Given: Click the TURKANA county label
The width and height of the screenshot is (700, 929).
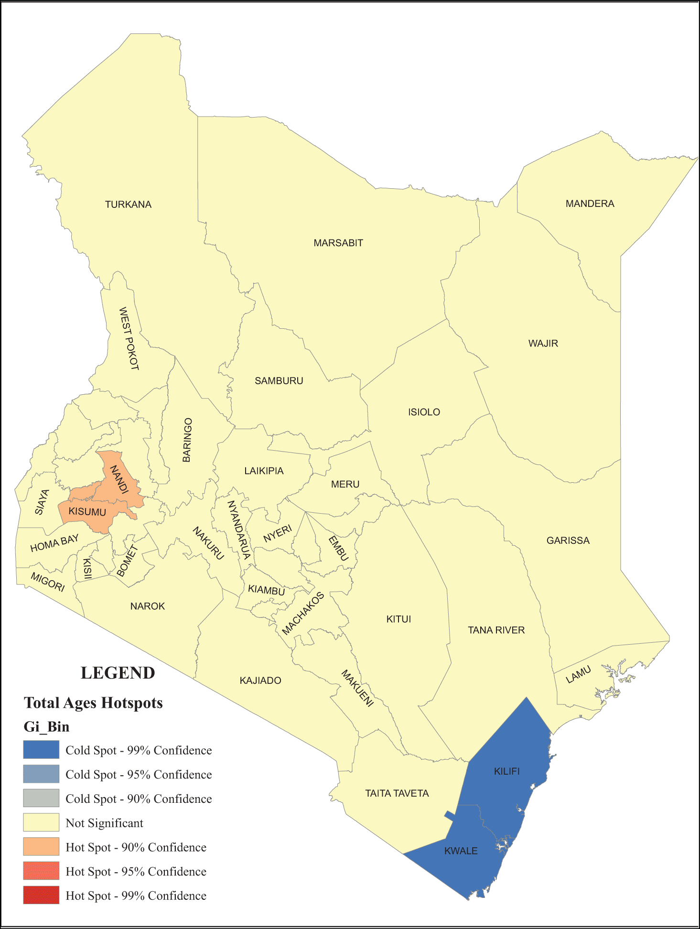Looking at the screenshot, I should click(128, 205).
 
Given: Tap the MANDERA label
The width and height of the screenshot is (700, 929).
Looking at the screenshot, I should click(590, 204).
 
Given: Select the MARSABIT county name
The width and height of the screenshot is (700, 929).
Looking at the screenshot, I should click(338, 243).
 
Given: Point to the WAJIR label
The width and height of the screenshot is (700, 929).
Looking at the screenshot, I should click(543, 343).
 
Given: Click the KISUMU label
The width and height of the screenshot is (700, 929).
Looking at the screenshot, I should click(87, 512).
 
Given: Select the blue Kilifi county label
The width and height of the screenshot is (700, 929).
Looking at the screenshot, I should click(506, 771).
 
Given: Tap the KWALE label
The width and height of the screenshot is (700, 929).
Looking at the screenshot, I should click(461, 851).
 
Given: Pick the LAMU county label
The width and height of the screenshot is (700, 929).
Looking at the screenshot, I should click(578, 675).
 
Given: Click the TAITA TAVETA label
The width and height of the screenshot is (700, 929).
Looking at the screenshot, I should click(397, 793).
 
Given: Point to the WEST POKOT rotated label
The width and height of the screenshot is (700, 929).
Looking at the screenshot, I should click(129, 338).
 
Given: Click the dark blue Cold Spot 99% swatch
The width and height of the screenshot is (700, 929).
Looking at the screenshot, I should click(41, 750).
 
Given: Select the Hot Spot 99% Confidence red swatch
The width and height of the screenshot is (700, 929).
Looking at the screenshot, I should click(41, 895).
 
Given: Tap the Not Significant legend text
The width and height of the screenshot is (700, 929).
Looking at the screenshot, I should click(104, 823).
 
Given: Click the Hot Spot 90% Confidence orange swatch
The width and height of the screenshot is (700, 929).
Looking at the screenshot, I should click(41, 846).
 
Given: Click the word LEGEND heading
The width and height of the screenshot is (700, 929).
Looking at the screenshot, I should click(118, 673).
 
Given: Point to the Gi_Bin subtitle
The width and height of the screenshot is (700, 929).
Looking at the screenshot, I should click(46, 727).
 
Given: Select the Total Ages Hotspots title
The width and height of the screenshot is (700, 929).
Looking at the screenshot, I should click(93, 703).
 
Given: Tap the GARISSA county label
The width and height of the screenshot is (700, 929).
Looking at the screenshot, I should click(568, 540).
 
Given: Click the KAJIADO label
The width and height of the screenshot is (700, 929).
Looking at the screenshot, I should click(260, 681).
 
